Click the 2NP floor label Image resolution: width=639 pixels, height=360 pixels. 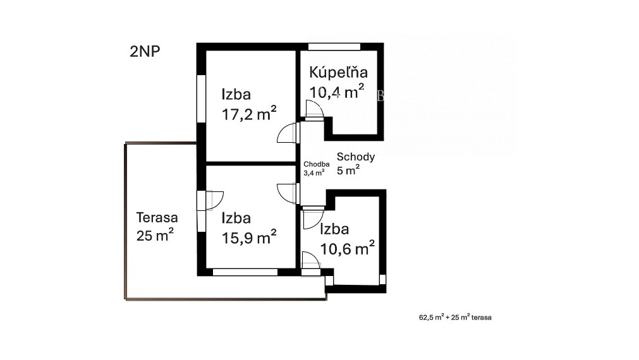[x=145, y=52]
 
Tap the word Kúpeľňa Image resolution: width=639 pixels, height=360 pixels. [x=338, y=72]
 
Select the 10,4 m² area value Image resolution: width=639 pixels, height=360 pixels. [x=336, y=92]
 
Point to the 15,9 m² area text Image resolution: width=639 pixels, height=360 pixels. [x=248, y=237]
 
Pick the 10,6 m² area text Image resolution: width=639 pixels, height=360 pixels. [x=347, y=248]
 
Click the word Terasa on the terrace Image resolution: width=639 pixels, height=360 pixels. [x=157, y=217]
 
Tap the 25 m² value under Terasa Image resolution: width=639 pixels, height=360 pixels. [x=155, y=236]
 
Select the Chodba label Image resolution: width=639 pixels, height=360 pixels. [x=316, y=164]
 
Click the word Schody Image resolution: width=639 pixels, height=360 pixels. [x=356, y=157]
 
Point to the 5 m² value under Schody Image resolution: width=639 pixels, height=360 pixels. [x=348, y=170]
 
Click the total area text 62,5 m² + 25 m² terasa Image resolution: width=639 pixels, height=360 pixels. [x=451, y=318]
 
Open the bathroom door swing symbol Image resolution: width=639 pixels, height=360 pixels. [x=314, y=111]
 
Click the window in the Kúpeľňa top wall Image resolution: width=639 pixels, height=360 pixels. [x=334, y=46]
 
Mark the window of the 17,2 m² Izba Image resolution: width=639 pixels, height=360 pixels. [x=201, y=99]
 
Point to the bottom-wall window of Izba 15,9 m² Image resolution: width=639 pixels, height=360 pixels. [x=245, y=272]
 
